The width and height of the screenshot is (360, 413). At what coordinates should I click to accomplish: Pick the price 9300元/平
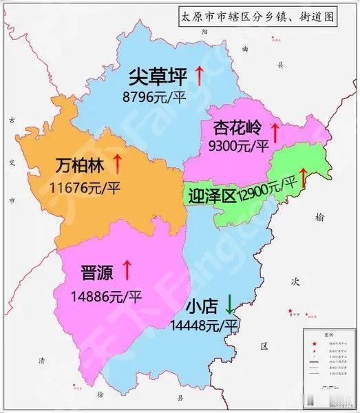pos(237,146)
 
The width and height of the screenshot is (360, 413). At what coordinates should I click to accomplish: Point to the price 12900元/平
pos(266,187)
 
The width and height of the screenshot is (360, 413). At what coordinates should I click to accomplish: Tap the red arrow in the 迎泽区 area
pos(304,177)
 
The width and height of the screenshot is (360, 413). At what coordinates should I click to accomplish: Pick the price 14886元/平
pos(105,297)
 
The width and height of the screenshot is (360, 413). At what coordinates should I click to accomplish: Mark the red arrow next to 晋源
pos(127,269)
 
